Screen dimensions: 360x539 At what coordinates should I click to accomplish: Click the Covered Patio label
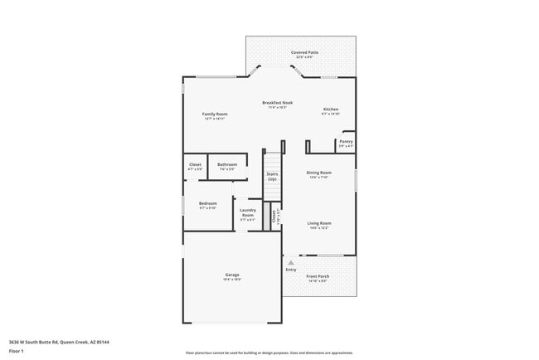click(x=301, y=52)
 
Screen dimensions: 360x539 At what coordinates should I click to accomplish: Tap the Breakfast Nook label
click(x=277, y=103)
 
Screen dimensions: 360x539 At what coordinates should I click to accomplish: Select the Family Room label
click(x=215, y=114)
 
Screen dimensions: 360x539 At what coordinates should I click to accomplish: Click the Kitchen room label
click(x=330, y=109)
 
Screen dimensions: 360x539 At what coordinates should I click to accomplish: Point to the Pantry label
click(x=346, y=142)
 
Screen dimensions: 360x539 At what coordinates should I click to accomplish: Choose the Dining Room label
click(x=320, y=173)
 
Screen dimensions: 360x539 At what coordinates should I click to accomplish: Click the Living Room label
click(x=319, y=223)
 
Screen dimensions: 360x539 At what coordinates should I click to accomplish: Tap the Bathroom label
click(x=227, y=164)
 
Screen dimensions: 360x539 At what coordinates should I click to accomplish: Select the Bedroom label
click(x=207, y=203)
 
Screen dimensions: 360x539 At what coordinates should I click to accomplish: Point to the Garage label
click(x=232, y=275)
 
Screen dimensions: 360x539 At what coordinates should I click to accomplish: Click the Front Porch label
click(x=318, y=276)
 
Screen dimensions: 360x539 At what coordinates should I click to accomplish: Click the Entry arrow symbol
click(x=290, y=262)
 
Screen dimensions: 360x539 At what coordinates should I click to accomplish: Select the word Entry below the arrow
click(x=291, y=270)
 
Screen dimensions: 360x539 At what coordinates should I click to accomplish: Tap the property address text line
click(x=60, y=341)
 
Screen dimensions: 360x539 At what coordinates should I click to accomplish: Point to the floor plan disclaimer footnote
click(x=269, y=353)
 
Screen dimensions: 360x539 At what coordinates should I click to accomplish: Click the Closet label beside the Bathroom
click(x=195, y=164)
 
